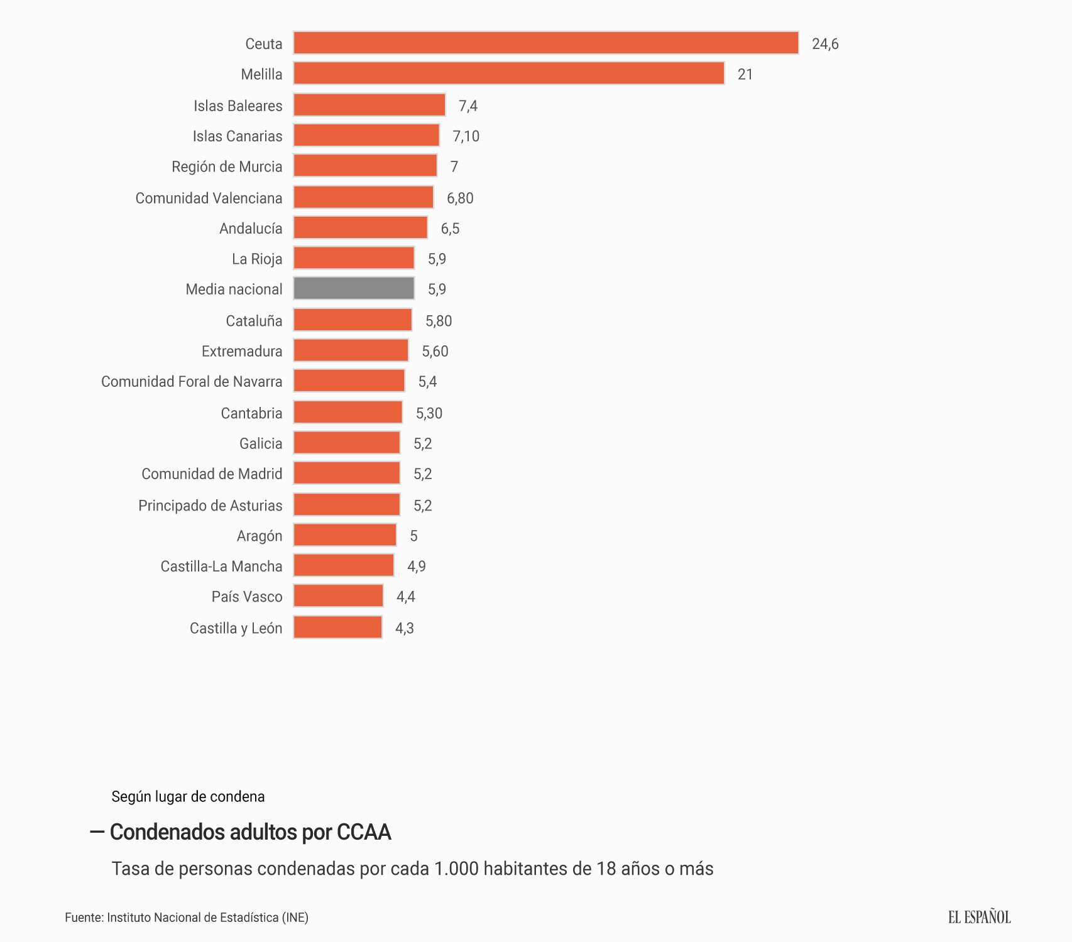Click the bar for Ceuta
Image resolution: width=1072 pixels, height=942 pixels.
pos(545,43)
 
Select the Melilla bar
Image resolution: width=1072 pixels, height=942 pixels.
pos(508,73)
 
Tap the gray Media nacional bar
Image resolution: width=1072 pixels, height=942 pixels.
pos(354,288)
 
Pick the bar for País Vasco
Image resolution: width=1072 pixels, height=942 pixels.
pos(338,596)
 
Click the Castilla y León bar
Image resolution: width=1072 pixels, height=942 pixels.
pos(337,627)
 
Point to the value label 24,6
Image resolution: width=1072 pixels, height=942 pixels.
pos(824,44)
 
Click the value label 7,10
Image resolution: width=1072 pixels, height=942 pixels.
pos(466,136)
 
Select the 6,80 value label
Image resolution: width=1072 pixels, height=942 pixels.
pos(460,198)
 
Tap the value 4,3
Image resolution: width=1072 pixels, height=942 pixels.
pos(404,628)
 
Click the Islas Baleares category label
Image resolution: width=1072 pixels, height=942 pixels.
pos(238,106)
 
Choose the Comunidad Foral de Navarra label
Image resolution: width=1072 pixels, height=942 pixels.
pos(192,382)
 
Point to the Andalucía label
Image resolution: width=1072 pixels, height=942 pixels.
pos(251,229)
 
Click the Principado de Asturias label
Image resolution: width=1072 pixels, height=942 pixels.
pos(210,506)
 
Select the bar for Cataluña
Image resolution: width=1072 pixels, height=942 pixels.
pos(353,320)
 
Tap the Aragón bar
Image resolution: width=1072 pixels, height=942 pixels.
pos(345,535)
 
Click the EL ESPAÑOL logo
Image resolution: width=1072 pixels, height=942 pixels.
pos(979,917)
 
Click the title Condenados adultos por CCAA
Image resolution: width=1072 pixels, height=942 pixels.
pos(250,832)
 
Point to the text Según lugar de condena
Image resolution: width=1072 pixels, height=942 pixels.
pos(188,796)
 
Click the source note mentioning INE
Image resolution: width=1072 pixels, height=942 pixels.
pos(187,918)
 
